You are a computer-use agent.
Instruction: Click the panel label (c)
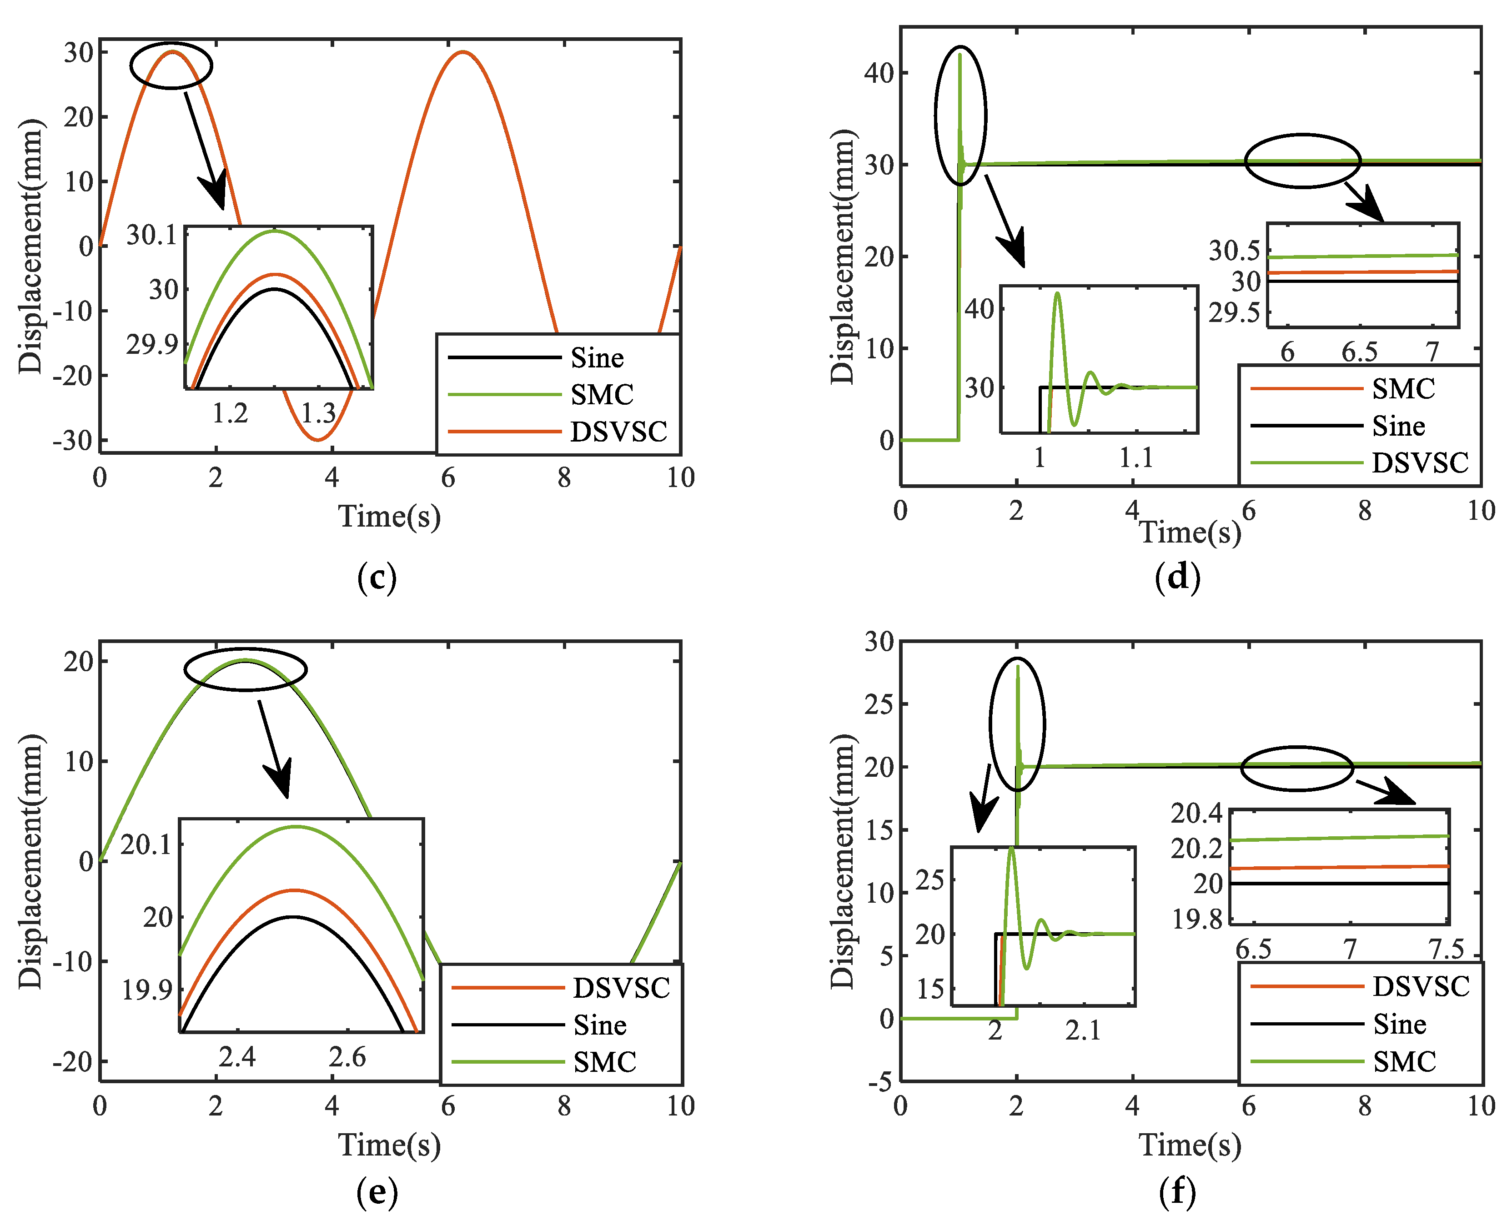coord(377,578)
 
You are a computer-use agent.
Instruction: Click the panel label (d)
coord(1177,578)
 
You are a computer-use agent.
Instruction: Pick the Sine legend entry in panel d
coord(1398,426)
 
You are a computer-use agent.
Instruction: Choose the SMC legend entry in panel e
coord(604,1061)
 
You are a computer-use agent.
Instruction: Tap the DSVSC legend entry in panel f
coord(1421,987)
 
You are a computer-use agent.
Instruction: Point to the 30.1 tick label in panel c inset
coord(152,235)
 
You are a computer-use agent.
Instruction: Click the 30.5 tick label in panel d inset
coord(1234,251)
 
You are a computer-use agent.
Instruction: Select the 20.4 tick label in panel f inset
coord(1196,813)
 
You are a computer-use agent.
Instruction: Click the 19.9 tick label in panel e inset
coord(147,990)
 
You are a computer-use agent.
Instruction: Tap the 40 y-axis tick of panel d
coord(879,72)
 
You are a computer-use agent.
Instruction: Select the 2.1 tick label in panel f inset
coord(1082,1030)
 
